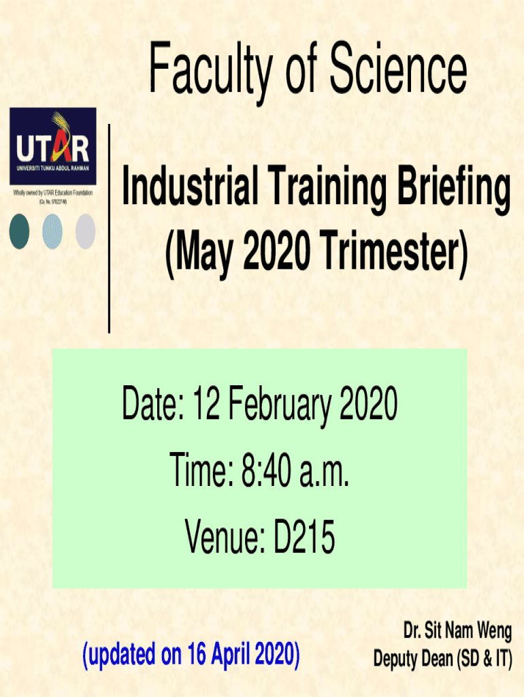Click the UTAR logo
click(53, 146)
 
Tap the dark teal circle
click(19, 231)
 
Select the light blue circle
click(52, 231)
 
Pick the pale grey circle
click(85, 231)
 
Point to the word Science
click(398, 68)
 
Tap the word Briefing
click(453, 189)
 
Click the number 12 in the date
click(206, 403)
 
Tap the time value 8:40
click(266, 470)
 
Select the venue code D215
click(304, 537)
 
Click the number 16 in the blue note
click(195, 653)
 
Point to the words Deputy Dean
click(413, 658)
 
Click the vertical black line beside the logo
click(109, 229)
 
